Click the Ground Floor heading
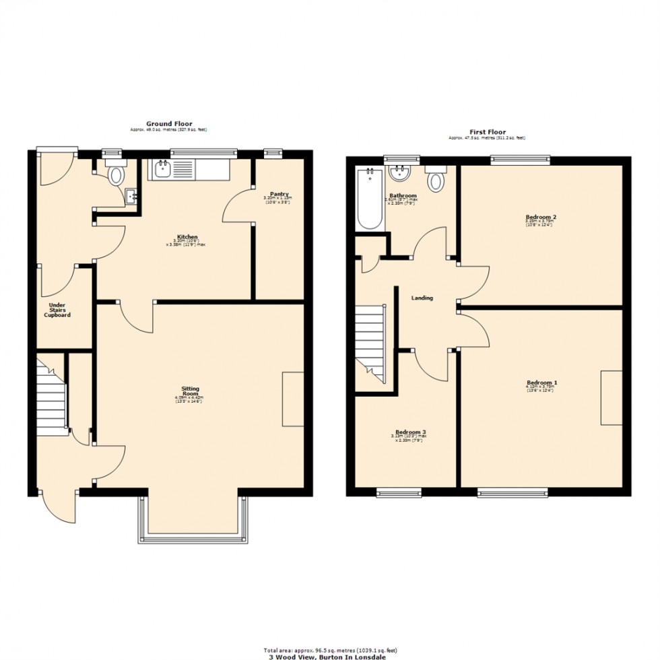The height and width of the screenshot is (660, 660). click(169, 124)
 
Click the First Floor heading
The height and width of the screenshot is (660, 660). click(487, 132)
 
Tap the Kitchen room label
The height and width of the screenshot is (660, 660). click(188, 237)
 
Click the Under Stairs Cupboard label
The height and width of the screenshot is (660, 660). click(57, 310)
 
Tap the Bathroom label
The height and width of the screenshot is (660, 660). click(402, 196)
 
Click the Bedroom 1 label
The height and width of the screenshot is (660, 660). click(541, 383)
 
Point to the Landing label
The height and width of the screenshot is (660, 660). click(422, 298)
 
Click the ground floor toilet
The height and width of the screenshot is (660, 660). click(116, 174)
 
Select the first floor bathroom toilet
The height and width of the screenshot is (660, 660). click(436, 179)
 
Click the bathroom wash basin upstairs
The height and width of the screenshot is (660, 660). click(401, 173)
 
